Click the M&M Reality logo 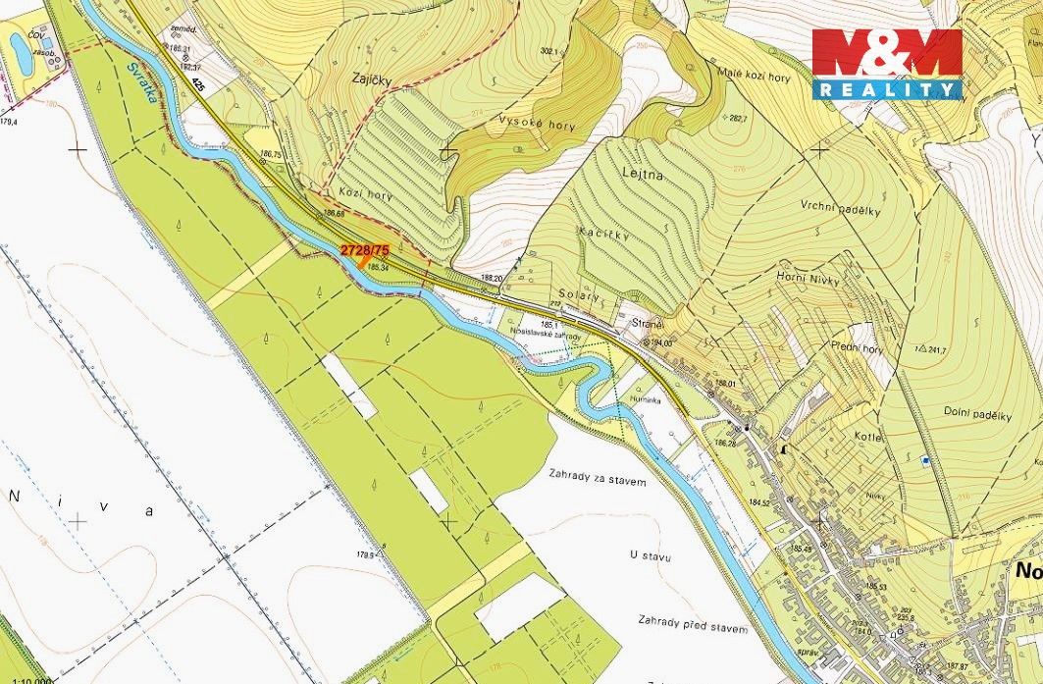click(887, 63)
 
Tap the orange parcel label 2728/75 click(365, 250)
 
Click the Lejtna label click(643, 174)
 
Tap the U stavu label click(651, 556)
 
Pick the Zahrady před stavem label click(693, 628)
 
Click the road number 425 click(200, 85)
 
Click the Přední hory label click(856, 347)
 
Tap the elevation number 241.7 click(943, 348)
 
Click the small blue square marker click(924, 460)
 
